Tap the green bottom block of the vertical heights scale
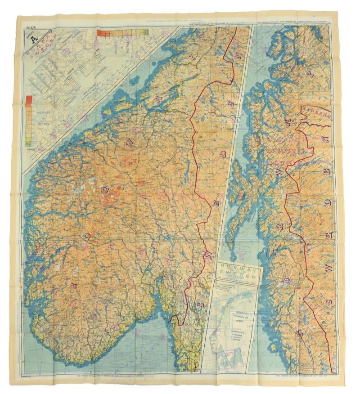29,143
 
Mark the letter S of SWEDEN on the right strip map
331,300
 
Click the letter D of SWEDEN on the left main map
223,155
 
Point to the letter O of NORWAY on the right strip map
288,281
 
